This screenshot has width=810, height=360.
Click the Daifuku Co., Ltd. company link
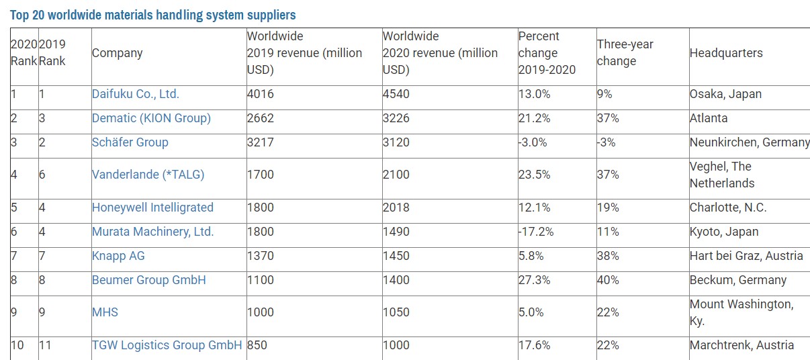[135, 94]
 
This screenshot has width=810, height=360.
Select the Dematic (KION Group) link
[151, 118]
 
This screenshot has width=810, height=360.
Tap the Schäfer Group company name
[130, 142]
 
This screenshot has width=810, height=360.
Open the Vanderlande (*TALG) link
[148, 175]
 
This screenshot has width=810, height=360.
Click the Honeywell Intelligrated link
[152, 208]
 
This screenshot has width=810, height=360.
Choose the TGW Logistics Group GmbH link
[167, 345]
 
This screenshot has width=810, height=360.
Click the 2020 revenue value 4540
[396, 94]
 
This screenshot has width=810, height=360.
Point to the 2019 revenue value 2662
[261, 118]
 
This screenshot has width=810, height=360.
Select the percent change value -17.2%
[535, 232]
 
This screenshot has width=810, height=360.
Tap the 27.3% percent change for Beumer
[535, 280]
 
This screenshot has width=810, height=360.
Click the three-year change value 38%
[608, 256]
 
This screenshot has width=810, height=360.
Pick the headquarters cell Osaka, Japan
[725, 94]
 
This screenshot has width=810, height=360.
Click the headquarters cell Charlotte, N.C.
[727, 208]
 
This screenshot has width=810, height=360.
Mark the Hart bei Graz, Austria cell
[746, 256]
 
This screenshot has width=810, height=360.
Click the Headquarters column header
[726, 53]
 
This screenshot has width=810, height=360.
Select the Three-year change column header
[625, 52]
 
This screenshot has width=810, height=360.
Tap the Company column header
[117, 53]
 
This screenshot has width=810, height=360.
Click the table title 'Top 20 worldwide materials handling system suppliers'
[152, 15]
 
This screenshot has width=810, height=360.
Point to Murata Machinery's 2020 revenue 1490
[396, 232]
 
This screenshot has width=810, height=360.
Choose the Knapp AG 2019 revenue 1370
[261, 256]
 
